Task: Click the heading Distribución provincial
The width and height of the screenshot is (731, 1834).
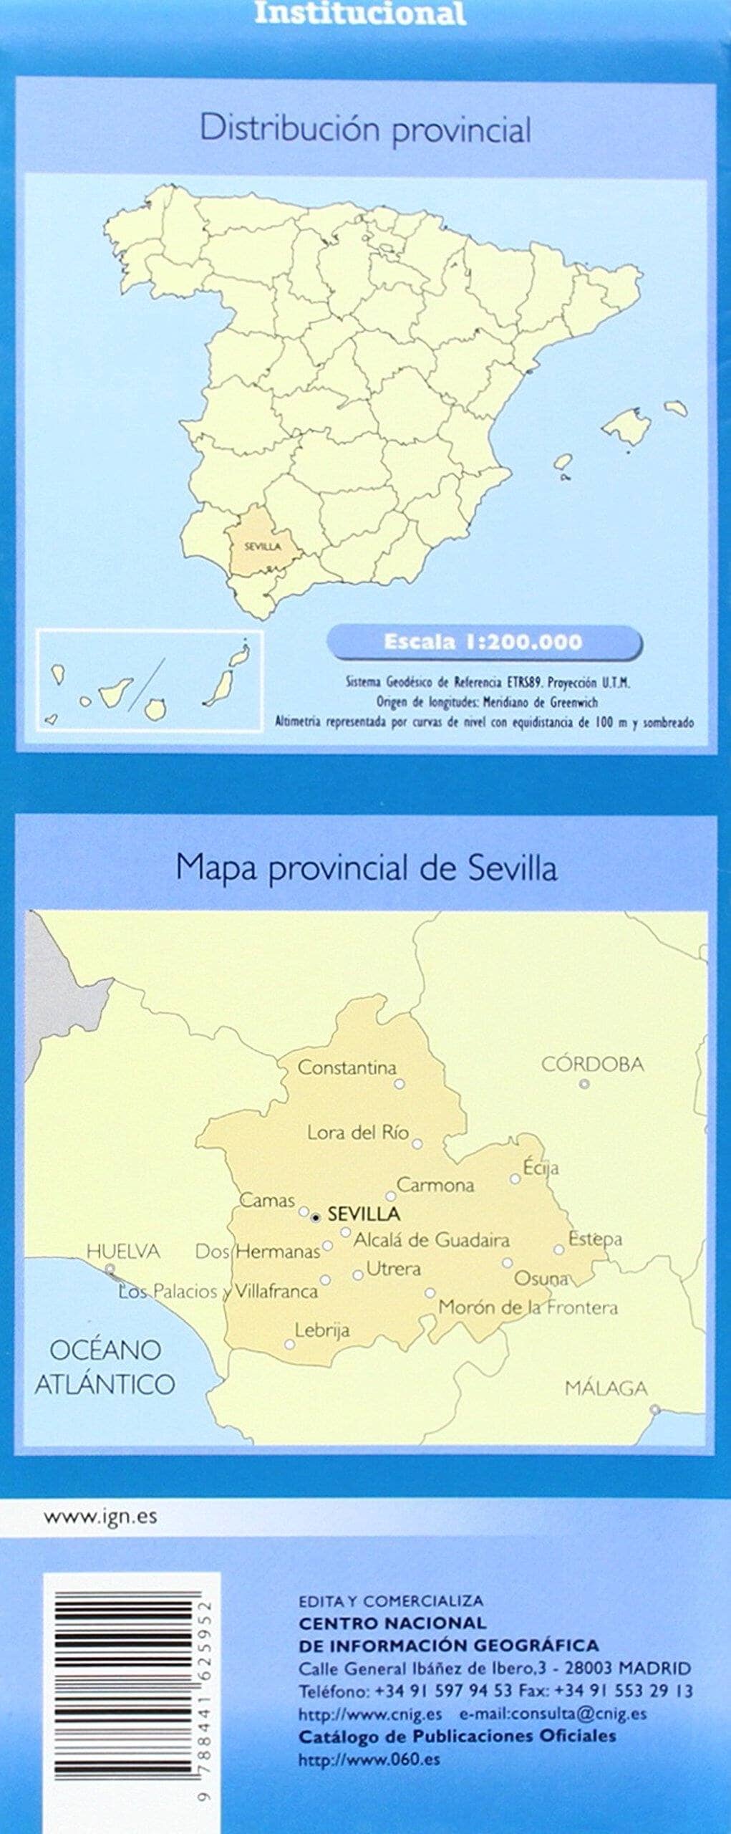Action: (x=365, y=130)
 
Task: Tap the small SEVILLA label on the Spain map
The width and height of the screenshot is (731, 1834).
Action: (x=262, y=547)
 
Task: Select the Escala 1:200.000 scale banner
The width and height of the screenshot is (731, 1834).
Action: (x=483, y=642)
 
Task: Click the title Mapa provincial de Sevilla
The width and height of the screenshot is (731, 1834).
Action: (x=366, y=869)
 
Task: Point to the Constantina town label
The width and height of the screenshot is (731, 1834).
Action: (x=347, y=1067)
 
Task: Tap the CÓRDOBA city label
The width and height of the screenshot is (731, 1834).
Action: (x=592, y=1064)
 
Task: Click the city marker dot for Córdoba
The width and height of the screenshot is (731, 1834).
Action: (x=584, y=1084)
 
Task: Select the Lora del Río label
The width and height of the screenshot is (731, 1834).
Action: (x=357, y=1133)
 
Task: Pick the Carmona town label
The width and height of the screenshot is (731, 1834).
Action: (x=435, y=1185)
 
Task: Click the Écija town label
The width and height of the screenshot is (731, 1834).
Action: (x=541, y=1167)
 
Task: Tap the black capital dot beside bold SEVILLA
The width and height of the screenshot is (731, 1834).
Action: (x=316, y=1216)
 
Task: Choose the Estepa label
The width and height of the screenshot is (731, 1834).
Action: (x=595, y=1239)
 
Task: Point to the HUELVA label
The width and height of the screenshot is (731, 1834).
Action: (x=123, y=1252)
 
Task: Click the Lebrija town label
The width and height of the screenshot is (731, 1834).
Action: (x=322, y=1330)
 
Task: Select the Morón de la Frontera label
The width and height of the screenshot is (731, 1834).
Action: (x=528, y=1307)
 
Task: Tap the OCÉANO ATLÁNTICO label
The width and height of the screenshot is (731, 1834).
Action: (x=105, y=1366)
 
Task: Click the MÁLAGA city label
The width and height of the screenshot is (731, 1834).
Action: (x=606, y=1388)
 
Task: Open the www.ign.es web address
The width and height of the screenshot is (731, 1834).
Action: (x=100, y=1517)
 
